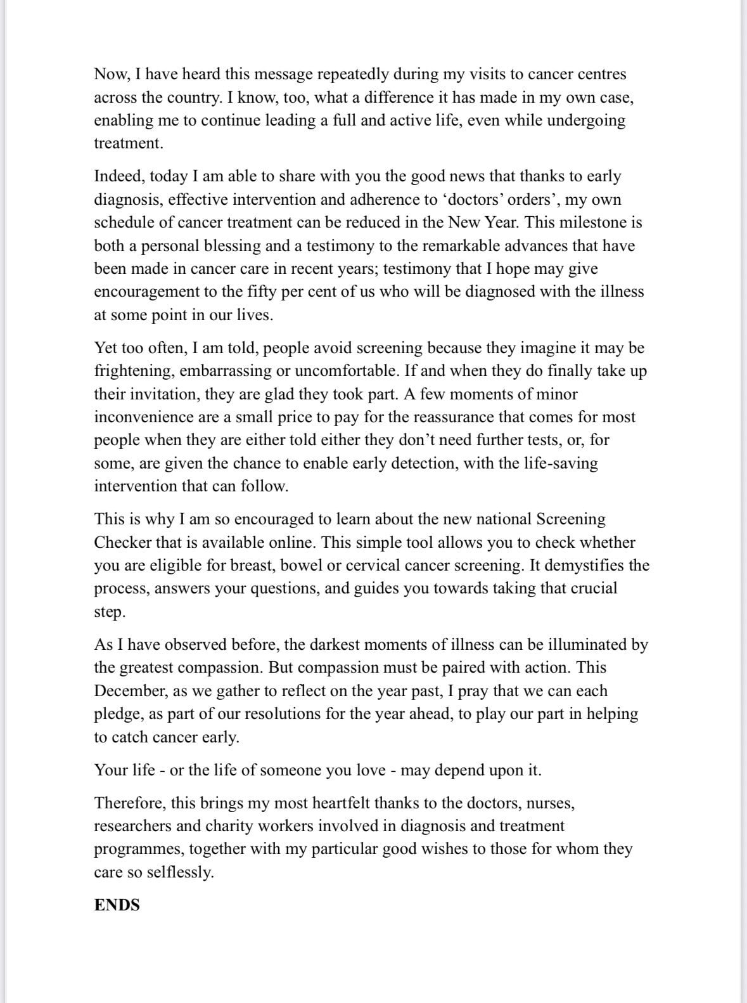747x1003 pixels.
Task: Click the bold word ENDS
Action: click(x=117, y=905)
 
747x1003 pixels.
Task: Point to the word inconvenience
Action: click(x=143, y=417)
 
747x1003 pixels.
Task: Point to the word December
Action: click(x=129, y=691)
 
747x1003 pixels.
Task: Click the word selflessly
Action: click(x=180, y=872)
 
